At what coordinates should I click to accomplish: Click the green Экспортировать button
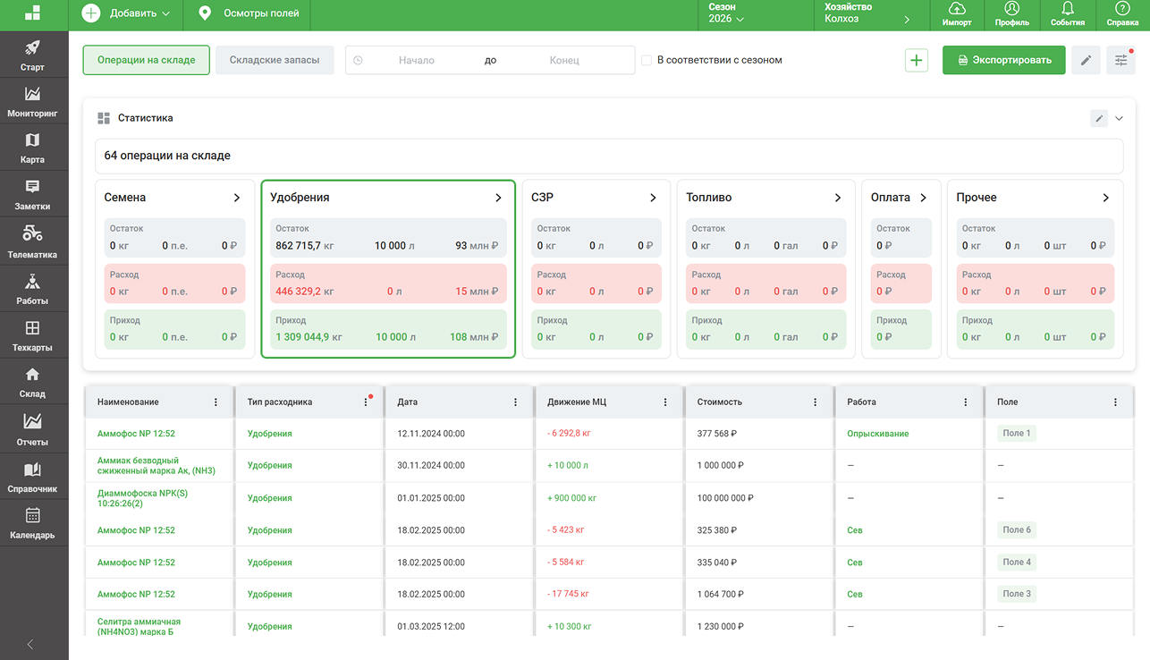pos(1003,60)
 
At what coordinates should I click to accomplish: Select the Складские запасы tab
pos(275,60)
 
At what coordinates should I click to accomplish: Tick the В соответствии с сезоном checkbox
pos(647,60)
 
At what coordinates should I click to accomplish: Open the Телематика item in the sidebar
pos(32,241)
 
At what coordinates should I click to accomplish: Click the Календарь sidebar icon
pos(32,515)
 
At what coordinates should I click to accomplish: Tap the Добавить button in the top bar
pos(126,13)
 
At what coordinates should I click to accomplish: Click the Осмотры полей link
pos(249,13)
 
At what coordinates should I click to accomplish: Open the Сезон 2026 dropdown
pos(726,13)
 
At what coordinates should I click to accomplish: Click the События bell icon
pos(1068,8)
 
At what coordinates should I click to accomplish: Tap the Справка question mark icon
pos(1122,8)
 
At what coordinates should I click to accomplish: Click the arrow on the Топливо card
pos(837,198)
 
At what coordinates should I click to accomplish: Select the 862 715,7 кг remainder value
pos(304,246)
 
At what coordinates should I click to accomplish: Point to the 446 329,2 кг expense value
pos(304,292)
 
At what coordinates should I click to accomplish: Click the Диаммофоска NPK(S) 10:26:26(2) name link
pos(142,498)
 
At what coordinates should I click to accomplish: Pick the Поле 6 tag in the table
pos(1017,530)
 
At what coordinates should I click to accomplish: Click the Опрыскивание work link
pos(877,434)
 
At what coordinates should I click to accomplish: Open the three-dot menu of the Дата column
pos(515,402)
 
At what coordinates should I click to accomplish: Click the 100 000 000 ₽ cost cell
pos(725,498)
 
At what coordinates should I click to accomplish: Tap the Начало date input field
pos(417,60)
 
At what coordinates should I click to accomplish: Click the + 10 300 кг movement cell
pos(569,627)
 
